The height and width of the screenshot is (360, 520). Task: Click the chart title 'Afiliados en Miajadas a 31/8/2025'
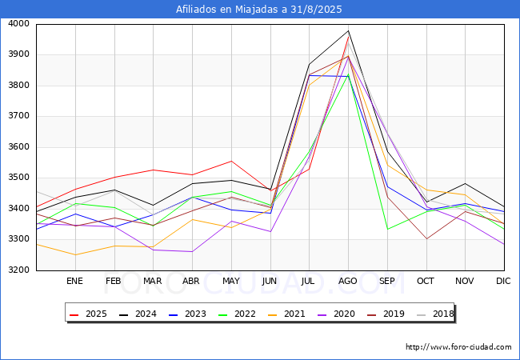click(258, 10)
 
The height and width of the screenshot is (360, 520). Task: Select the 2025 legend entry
click(88, 314)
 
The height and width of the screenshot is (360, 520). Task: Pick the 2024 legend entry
click(138, 314)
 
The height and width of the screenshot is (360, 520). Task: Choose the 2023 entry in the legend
click(187, 314)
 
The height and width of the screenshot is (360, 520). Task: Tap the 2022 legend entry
click(237, 314)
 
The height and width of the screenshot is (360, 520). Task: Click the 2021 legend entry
click(286, 314)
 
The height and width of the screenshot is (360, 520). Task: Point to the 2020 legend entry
click(336, 314)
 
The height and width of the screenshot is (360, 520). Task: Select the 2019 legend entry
click(386, 314)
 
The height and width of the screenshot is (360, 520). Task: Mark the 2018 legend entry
click(435, 314)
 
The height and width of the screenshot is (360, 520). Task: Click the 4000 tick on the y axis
click(19, 24)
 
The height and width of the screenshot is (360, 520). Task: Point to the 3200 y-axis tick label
click(19, 270)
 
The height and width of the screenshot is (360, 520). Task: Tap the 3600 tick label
click(19, 147)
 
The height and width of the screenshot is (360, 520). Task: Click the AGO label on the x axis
click(347, 281)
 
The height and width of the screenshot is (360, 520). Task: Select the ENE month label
click(74, 281)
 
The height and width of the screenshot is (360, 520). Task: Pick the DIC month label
click(503, 281)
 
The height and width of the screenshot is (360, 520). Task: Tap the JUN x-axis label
click(270, 281)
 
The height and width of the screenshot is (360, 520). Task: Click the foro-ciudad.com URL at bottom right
click(458, 347)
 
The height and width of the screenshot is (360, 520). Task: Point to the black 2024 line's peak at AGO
click(348, 31)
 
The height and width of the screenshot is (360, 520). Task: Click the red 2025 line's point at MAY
click(231, 161)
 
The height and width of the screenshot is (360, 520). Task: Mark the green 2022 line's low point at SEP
click(388, 229)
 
